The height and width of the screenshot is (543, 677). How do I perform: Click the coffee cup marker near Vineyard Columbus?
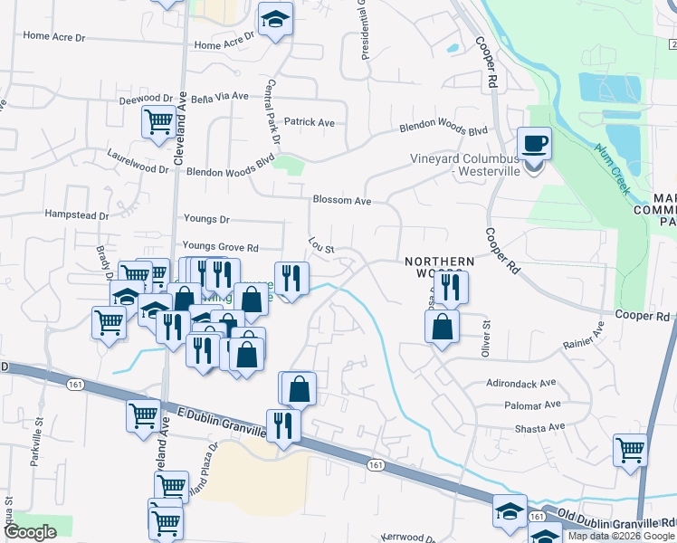click(x=534, y=143)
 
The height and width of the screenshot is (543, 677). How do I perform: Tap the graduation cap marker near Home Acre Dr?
click(x=275, y=20)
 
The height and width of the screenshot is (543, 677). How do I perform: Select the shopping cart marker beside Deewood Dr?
click(x=158, y=120)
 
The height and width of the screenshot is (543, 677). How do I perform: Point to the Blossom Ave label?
click(x=342, y=200)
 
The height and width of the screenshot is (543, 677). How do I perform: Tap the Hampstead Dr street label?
click(x=77, y=216)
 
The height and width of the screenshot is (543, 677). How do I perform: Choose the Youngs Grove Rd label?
click(x=220, y=246)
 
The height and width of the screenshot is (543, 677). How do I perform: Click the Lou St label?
click(x=321, y=245)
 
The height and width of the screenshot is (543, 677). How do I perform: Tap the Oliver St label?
click(x=486, y=338)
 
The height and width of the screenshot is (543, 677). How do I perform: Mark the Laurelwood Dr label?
click(x=138, y=161)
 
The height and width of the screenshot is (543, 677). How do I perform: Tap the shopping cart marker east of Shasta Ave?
click(x=630, y=449)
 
